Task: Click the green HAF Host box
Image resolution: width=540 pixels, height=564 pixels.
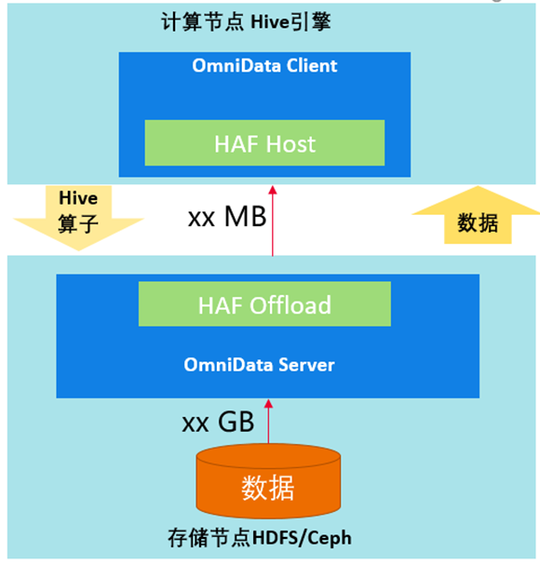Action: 264,142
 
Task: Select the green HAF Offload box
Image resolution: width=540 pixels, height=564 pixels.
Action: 264,304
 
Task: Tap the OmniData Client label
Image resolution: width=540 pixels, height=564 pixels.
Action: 264,66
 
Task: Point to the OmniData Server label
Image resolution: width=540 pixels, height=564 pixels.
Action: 259,365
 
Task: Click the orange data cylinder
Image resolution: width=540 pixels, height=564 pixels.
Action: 268,480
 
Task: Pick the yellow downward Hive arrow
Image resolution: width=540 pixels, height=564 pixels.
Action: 78,218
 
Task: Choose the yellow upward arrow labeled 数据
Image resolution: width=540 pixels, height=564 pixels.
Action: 478,215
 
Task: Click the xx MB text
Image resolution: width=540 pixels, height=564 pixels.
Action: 227,217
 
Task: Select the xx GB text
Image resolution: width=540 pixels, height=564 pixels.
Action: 218,422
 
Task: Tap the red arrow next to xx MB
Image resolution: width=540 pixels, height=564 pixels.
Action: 273,221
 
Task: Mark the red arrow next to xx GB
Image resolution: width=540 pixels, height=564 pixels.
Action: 268,422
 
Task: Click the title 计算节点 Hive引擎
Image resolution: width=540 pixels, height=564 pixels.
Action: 246,21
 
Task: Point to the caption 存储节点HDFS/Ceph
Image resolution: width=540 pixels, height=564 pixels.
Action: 260,538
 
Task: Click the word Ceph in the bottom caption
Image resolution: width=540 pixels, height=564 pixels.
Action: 330,539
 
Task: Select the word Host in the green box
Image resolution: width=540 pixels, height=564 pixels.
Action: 290,144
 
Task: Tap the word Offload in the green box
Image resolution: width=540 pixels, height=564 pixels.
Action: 290,305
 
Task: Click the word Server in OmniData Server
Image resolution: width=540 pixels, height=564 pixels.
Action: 306,365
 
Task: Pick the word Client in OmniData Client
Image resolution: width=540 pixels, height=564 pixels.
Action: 312,66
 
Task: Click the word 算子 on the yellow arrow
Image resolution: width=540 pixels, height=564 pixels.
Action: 78,223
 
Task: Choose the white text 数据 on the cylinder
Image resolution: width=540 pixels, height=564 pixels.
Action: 268,488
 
